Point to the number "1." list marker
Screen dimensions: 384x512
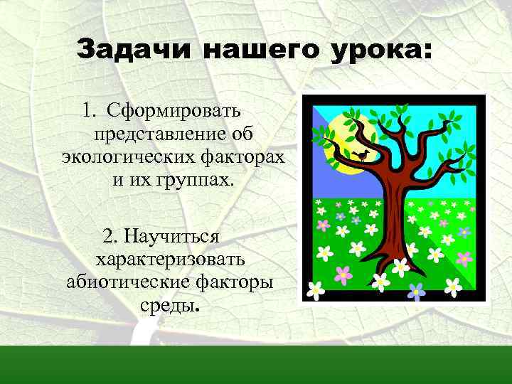pos(90,112)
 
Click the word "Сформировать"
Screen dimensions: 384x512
pos(174,112)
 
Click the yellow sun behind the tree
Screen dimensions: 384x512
pos(341,149)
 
